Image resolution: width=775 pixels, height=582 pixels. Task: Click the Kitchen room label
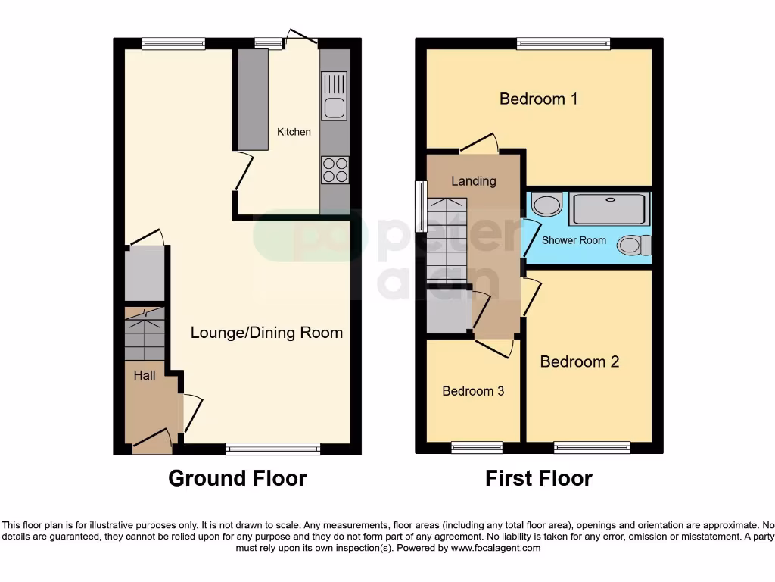tap(294, 132)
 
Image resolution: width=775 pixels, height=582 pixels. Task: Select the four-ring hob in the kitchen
tap(335, 169)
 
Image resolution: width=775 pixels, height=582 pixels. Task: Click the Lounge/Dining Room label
tap(266, 333)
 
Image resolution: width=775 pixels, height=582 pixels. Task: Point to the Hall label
tap(145, 375)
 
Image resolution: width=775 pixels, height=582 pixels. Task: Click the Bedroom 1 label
tap(538, 99)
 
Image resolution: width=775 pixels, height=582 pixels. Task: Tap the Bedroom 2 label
tap(579, 361)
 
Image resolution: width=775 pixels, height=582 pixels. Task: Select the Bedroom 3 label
tap(473, 391)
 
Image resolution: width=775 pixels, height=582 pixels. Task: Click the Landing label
tap(474, 181)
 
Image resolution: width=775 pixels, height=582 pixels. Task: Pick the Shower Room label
tap(574, 240)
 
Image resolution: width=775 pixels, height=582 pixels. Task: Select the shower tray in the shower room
tap(609, 209)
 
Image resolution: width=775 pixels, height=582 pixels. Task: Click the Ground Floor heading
tap(237, 478)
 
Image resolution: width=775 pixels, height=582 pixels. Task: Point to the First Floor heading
tap(538, 478)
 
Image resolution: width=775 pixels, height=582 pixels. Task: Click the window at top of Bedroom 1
tap(564, 44)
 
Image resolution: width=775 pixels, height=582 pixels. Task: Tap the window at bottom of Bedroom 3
tap(477, 448)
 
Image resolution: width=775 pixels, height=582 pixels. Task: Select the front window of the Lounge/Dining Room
tap(272, 449)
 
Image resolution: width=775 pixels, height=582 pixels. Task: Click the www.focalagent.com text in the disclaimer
tap(496, 548)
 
